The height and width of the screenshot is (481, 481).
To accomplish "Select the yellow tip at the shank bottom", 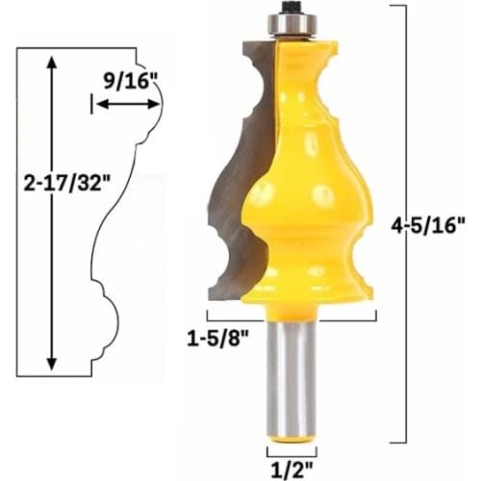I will pos(291,439).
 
